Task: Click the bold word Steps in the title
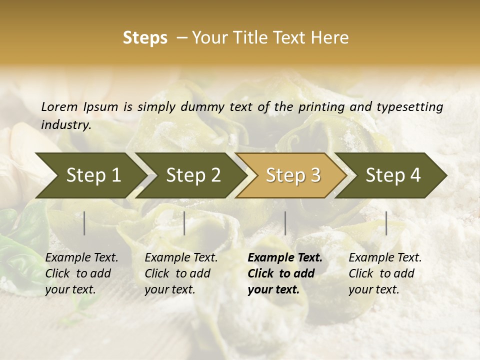click(x=145, y=38)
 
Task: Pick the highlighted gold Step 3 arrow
click(x=293, y=175)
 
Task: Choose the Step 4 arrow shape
click(x=393, y=175)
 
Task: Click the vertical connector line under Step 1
click(x=84, y=223)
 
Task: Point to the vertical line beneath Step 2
click(x=184, y=223)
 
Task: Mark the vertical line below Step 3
click(x=285, y=223)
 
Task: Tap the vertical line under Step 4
click(x=386, y=223)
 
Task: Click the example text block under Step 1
click(x=81, y=273)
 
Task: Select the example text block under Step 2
click(x=181, y=273)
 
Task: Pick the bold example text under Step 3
click(x=285, y=273)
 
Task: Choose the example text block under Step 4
click(x=385, y=273)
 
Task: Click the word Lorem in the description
click(x=59, y=106)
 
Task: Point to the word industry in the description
click(x=66, y=125)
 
